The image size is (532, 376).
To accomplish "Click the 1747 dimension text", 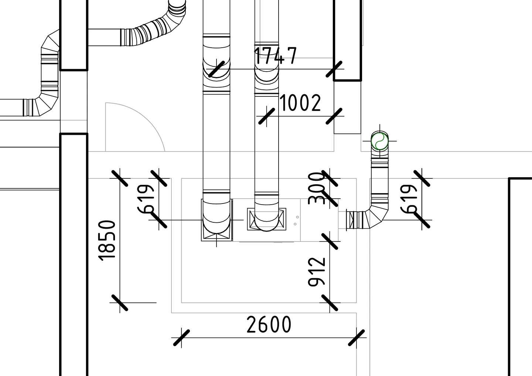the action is (276, 56).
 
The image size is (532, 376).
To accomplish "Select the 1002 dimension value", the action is (300, 103).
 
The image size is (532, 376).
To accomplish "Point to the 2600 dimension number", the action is (269, 324).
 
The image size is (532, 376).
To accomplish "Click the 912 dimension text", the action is (316, 272).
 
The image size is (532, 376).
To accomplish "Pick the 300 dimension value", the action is (316, 188).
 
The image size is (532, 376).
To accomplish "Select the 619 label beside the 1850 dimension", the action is (146, 199).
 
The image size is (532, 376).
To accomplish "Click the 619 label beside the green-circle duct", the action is (409, 199).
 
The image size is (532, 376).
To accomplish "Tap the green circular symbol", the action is (379, 141).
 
